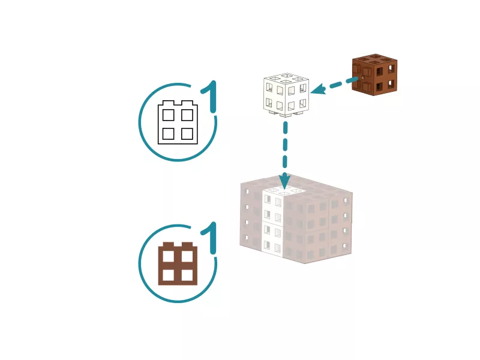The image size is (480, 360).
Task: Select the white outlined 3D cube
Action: pos(286,95)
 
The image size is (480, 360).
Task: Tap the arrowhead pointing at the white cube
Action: pos(318,89)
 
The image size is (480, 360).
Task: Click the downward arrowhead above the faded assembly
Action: pos(285,181)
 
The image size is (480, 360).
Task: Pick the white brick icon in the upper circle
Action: pos(178,122)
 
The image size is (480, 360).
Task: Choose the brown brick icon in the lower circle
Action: pos(178,263)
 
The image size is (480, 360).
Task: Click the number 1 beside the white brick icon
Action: pos(209,97)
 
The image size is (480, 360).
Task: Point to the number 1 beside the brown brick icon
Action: pos(209,238)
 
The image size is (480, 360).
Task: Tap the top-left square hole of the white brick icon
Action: pos(169,115)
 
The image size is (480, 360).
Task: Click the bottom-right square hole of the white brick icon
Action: pos(187,134)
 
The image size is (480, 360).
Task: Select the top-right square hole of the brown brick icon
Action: pos(187,257)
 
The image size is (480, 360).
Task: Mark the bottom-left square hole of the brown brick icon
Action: pos(169,275)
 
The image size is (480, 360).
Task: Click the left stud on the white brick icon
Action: pos(168,103)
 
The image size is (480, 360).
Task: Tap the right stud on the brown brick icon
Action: pos(187,245)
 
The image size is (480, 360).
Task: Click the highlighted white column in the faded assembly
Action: pos(273,221)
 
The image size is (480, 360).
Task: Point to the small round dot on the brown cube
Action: pos(363,77)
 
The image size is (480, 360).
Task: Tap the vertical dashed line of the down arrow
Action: pos(285,145)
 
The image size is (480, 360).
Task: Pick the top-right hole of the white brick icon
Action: pos(187,115)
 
